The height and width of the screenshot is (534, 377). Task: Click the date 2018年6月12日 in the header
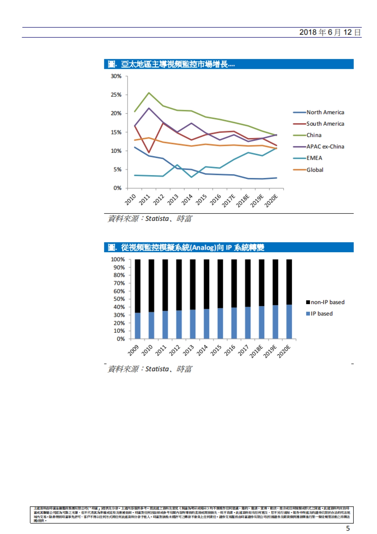(x=330, y=32)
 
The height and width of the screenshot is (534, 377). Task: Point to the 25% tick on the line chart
(x=116, y=95)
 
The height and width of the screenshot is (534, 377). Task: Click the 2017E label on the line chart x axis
(x=229, y=200)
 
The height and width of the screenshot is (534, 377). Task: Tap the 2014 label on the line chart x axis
(x=187, y=199)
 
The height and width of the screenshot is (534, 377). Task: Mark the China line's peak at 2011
(x=149, y=93)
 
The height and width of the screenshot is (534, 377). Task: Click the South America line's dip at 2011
(x=149, y=153)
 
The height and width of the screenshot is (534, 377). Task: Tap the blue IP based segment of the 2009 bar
(x=138, y=325)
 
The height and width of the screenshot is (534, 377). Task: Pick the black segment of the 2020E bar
(x=289, y=281)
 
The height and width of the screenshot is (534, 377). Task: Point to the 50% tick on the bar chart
(x=119, y=299)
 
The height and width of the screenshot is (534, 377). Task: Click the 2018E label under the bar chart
(x=256, y=351)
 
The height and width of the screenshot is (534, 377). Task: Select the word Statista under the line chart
(x=157, y=219)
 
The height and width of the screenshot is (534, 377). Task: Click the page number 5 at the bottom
(x=348, y=528)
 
